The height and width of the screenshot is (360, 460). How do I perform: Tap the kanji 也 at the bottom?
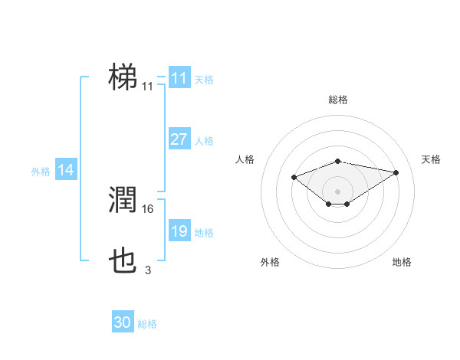click(123, 261)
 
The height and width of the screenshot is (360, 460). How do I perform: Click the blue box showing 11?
click(179, 78)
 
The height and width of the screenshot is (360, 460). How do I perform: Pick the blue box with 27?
click(179, 139)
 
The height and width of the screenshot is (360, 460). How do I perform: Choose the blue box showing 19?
click(179, 231)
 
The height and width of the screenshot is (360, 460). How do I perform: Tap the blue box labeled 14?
click(66, 170)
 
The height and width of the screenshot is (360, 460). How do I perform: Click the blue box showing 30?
click(122, 322)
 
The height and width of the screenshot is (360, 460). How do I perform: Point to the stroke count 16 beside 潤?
click(148, 208)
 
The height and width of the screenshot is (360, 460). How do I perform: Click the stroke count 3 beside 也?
click(148, 270)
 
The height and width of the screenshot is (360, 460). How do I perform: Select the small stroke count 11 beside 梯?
click(147, 87)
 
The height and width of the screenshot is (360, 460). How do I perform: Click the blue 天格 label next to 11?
click(204, 80)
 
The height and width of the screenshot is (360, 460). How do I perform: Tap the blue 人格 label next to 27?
click(204, 141)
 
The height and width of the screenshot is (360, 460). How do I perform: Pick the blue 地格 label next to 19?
click(204, 233)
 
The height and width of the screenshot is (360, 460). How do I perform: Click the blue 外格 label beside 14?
click(41, 172)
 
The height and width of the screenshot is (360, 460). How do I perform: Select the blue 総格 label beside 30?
click(147, 324)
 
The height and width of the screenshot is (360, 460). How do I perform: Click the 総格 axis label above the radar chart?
click(337, 100)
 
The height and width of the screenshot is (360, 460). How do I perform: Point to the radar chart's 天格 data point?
click(396, 172)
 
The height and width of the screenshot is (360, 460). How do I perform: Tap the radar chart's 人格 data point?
click(294, 177)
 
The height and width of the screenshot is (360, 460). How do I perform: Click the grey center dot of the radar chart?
click(337, 191)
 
